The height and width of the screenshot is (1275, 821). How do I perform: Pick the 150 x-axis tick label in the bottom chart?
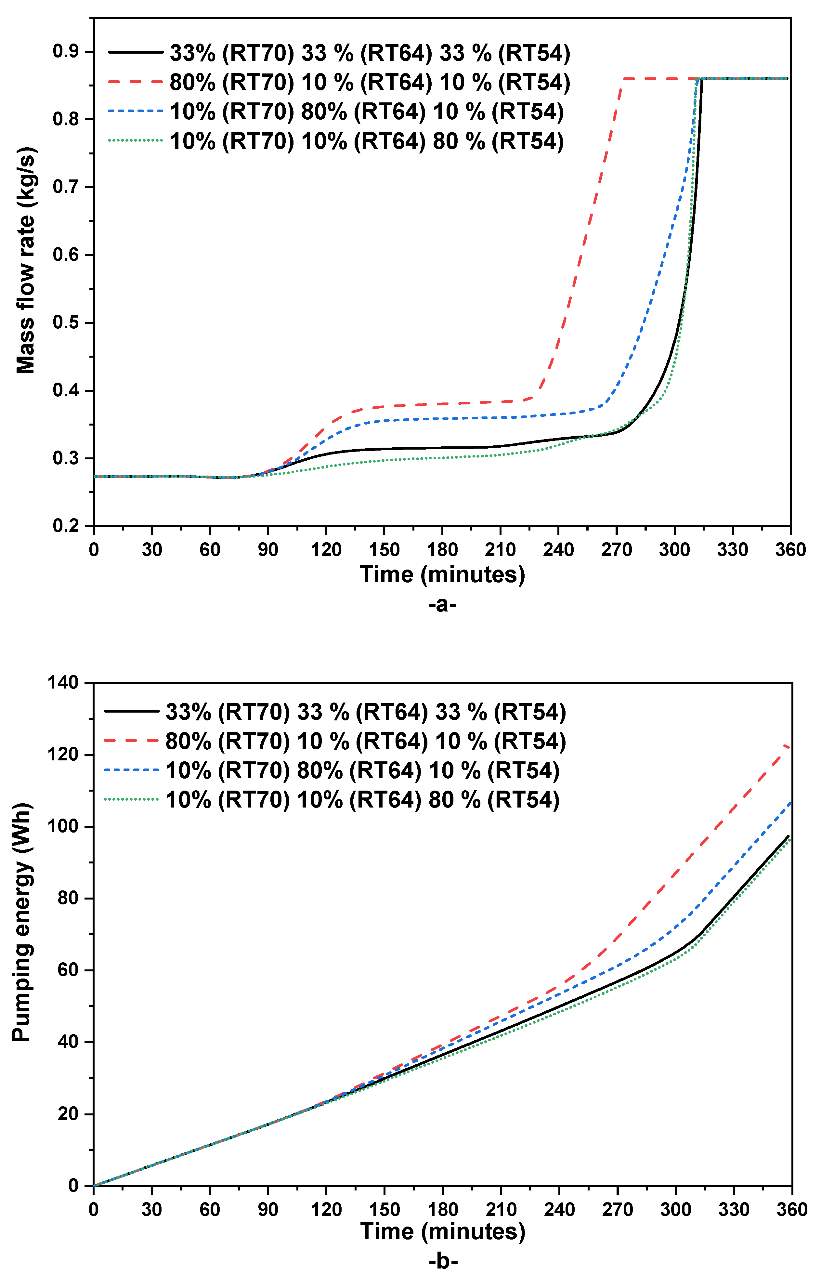pyautogui.click(x=384, y=1209)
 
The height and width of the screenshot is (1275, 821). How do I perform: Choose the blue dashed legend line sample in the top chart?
pyautogui.click(x=136, y=111)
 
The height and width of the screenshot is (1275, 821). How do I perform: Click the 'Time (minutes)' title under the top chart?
pyautogui.click(x=442, y=575)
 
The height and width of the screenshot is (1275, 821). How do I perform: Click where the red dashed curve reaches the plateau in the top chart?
pyautogui.click(x=622, y=79)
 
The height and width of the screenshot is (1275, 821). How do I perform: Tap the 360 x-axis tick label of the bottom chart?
pyautogui.click(x=791, y=1209)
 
